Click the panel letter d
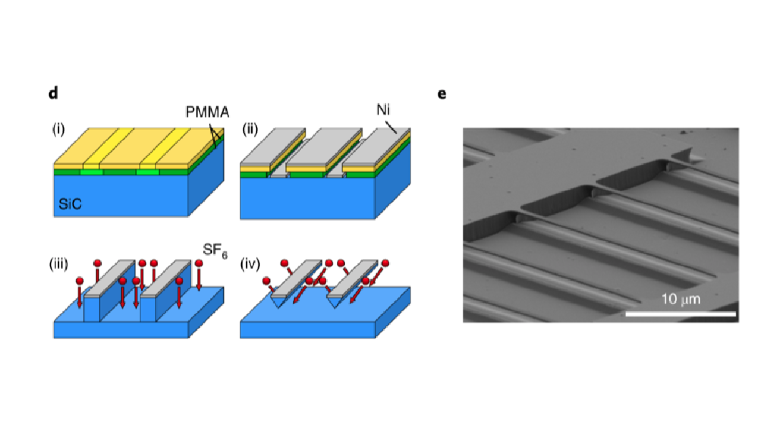click(x=54, y=94)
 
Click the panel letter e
click(x=442, y=94)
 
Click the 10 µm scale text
click(x=681, y=299)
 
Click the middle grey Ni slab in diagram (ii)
click(x=324, y=149)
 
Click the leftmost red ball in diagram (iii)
click(x=80, y=281)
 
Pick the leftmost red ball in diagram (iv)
click(x=266, y=281)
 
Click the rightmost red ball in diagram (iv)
click(x=385, y=263)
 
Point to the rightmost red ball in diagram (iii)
click(x=199, y=263)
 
